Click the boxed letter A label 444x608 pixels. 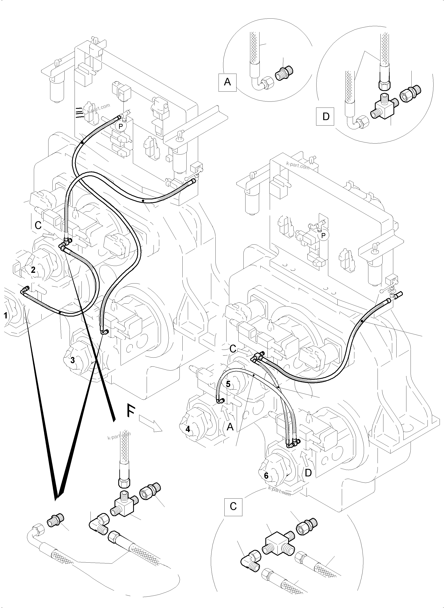click(227, 82)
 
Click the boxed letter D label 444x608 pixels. click(326, 117)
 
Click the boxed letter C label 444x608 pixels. click(233, 507)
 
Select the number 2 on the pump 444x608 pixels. click(33, 270)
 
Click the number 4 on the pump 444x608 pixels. click(188, 429)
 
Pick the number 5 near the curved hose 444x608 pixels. click(228, 384)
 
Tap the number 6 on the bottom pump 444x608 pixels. click(266, 476)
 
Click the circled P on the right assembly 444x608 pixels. click(323, 236)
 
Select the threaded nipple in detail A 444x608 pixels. click(284, 73)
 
